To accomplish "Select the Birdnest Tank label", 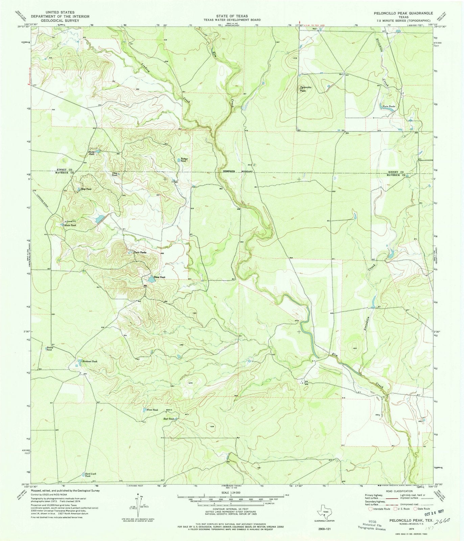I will pyautogui.click(x=90, y=361).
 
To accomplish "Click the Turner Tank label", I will pyautogui.click(x=184, y=160).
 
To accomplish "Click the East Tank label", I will pyautogui.click(x=168, y=419).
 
